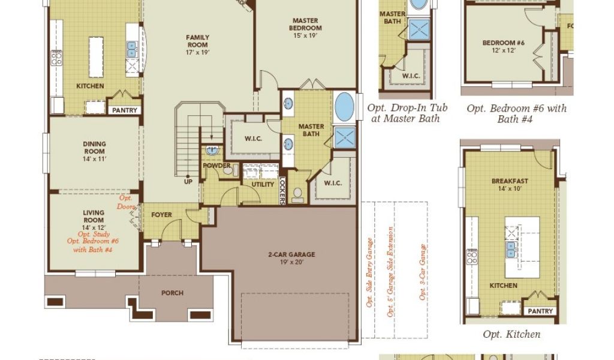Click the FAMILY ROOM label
point(197,41)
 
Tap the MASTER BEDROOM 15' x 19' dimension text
point(305,35)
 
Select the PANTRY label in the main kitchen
point(125,110)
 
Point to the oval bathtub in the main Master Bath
point(345,107)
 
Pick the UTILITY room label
point(263,185)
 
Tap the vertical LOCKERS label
point(282,191)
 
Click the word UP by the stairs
point(188,182)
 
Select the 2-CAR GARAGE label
point(292,254)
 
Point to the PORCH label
point(172,293)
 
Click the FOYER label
point(161,215)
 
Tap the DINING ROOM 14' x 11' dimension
point(94,159)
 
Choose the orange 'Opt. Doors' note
point(126,202)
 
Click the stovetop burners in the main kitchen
point(56,58)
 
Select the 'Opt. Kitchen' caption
point(511,334)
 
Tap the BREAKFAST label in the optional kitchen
point(510,181)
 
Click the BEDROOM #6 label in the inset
point(504,43)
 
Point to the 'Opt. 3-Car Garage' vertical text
point(423,272)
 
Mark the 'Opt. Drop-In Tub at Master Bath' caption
point(407,113)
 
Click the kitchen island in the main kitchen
point(97,57)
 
